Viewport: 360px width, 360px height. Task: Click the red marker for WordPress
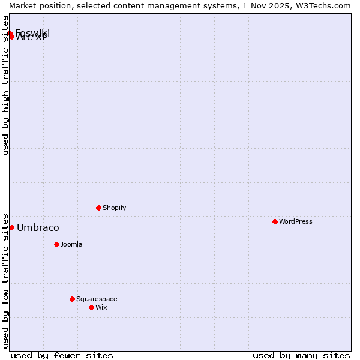pyautogui.click(x=275, y=221)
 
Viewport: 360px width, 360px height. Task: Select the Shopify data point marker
pyautogui.click(x=98, y=208)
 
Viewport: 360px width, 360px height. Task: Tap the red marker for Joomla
pyautogui.click(x=56, y=244)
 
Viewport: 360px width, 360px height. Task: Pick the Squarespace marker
pyautogui.click(x=72, y=299)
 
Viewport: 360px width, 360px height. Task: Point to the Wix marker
pyautogui.click(x=91, y=307)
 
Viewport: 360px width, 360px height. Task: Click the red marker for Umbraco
pyautogui.click(x=11, y=227)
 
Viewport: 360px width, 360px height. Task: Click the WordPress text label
pyautogui.click(x=296, y=221)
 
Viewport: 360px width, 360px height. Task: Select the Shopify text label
pyautogui.click(x=114, y=208)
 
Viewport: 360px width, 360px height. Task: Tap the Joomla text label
pyautogui.click(x=71, y=244)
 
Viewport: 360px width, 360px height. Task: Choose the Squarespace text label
pyautogui.click(x=97, y=299)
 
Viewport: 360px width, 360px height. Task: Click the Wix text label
pyautogui.click(x=101, y=307)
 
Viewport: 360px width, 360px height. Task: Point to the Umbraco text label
pyautogui.click(x=38, y=227)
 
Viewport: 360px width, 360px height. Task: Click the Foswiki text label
pyautogui.click(x=32, y=32)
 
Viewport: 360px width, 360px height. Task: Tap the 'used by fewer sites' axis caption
pyautogui.click(x=62, y=355)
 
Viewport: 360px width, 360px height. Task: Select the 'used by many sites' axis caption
pyautogui.click(x=301, y=355)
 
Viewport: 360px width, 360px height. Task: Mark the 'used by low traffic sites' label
pyautogui.click(x=6, y=281)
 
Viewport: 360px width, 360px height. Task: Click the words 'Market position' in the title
pyautogui.click(x=37, y=5)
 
